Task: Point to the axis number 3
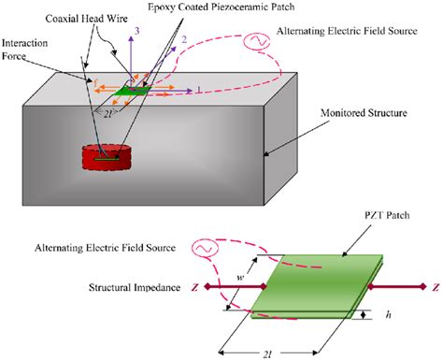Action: (x=138, y=33)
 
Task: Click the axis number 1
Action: (x=197, y=89)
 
